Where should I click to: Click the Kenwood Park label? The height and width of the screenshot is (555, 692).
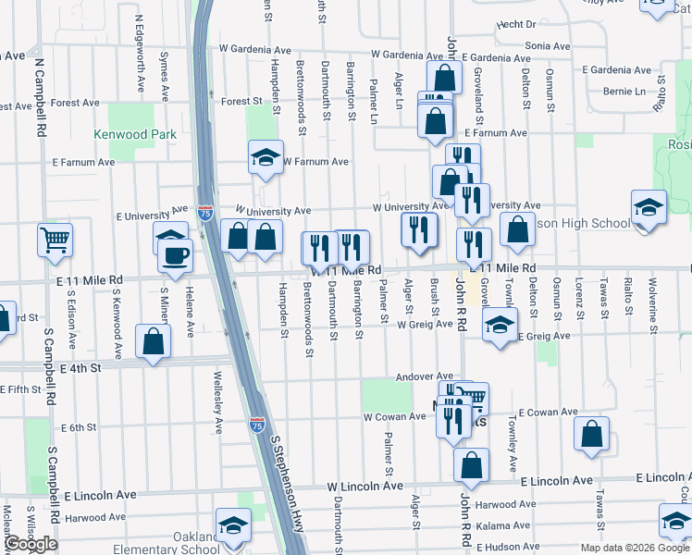tap(135, 134)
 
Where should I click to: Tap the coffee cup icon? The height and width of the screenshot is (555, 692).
tap(175, 254)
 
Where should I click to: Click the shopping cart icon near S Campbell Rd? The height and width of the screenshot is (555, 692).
tap(55, 240)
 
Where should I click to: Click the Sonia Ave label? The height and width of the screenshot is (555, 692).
tap(548, 45)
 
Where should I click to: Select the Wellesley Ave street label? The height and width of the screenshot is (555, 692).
tap(219, 407)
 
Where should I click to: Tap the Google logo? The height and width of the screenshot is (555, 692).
tap(31, 544)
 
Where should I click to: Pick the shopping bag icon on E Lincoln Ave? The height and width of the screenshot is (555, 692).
tap(472, 467)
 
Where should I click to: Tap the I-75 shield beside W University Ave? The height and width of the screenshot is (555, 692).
tap(205, 212)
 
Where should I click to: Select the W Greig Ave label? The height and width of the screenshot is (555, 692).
tap(425, 325)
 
